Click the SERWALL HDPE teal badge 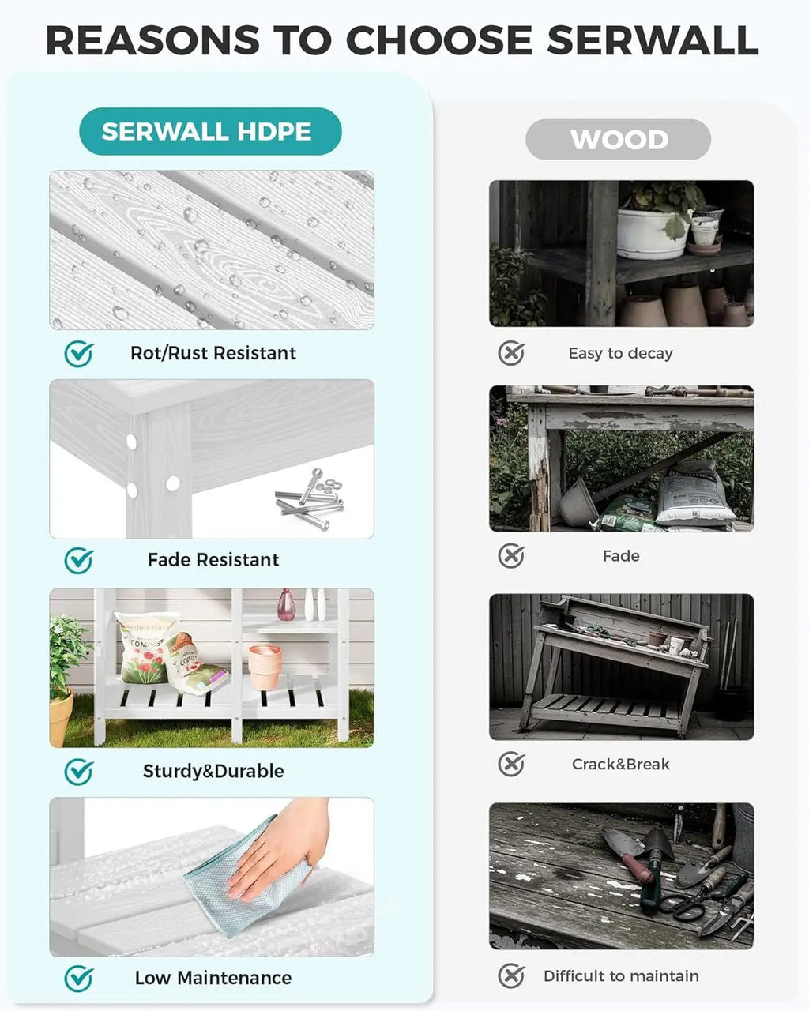(x=210, y=131)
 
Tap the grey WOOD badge (x=618, y=140)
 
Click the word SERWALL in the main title (x=653, y=40)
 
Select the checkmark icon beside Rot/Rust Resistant (x=78, y=354)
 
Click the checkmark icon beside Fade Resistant (x=78, y=561)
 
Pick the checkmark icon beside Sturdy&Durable (x=78, y=772)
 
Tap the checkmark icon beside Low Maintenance (x=78, y=979)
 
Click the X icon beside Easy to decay (x=511, y=353)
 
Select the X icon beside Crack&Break (x=511, y=765)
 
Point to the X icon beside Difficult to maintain (x=511, y=976)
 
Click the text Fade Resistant (x=213, y=560)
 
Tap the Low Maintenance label (x=213, y=978)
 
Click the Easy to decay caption (x=620, y=353)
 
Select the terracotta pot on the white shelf (x=265, y=667)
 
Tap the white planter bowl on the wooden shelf (x=653, y=234)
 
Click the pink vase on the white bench (x=286, y=605)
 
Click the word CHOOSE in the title (x=439, y=40)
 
